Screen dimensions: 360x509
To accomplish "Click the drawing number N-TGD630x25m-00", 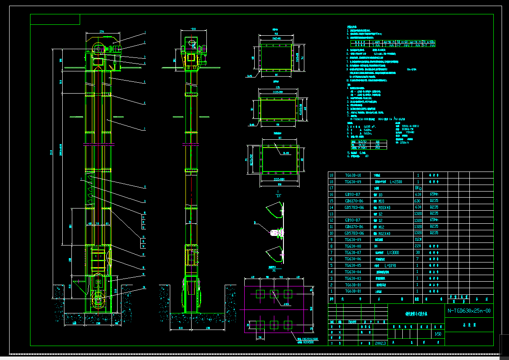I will tap(469, 311).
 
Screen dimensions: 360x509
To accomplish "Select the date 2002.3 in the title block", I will tap(380, 343).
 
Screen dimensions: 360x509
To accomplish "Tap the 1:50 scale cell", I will tap(438, 334).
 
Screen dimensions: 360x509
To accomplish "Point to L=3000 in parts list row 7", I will tap(392, 252).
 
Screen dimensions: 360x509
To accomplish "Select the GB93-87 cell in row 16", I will tap(352, 195).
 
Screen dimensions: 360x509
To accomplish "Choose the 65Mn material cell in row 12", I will tap(434, 220).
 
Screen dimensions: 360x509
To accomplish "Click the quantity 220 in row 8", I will tap(418, 246).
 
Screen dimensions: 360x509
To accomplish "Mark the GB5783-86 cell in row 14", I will tap(354, 208).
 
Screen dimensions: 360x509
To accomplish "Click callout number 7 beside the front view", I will tap(144, 129).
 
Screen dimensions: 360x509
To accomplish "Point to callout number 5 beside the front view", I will tap(144, 82).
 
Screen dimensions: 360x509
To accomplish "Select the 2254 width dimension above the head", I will tap(102, 32).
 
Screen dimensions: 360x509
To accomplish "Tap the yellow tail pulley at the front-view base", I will tap(98, 300).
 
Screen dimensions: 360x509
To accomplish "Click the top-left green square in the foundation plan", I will tap(260, 293).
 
